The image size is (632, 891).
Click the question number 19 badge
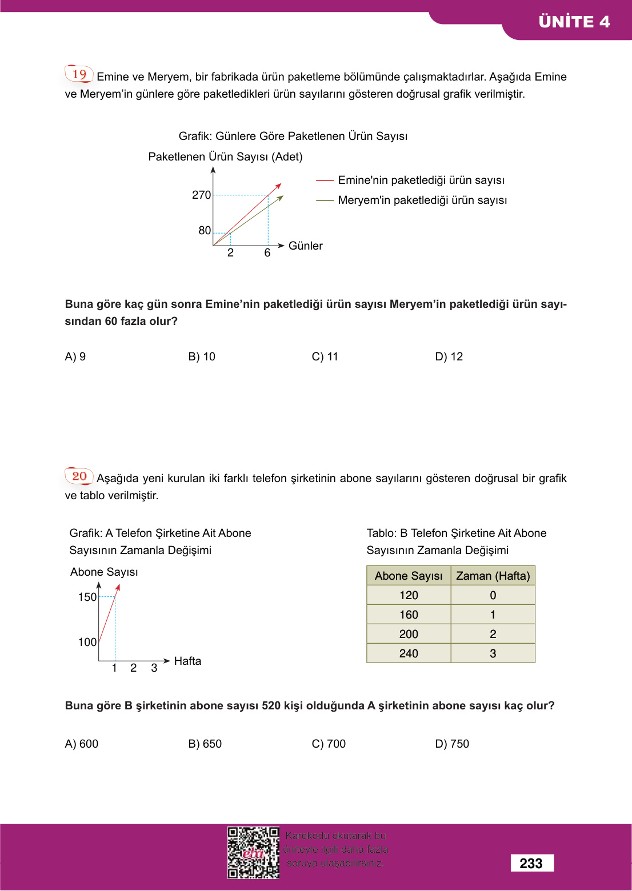click(x=79, y=74)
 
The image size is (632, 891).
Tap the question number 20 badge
click(x=79, y=476)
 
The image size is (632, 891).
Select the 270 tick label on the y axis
click(x=201, y=195)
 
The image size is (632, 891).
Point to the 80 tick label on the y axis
click(x=205, y=230)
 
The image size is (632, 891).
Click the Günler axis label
click(x=305, y=246)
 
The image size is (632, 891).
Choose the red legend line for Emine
click(x=325, y=180)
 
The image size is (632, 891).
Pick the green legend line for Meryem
click(x=325, y=200)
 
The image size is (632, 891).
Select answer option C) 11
click(x=325, y=356)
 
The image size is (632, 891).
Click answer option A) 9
click(x=75, y=356)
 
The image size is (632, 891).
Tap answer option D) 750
click(x=451, y=744)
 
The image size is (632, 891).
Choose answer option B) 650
click(x=205, y=744)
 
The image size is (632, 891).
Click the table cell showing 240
click(x=409, y=653)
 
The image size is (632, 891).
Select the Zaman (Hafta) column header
click(x=493, y=576)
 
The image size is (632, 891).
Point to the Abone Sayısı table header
click(x=409, y=576)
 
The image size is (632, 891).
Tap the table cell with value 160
click(x=409, y=615)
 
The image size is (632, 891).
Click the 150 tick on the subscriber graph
click(x=87, y=597)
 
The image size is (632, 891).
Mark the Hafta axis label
click(x=187, y=661)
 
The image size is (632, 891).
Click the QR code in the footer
click(x=253, y=853)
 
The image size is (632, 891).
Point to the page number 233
click(x=531, y=863)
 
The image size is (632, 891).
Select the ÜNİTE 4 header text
click(x=574, y=22)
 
